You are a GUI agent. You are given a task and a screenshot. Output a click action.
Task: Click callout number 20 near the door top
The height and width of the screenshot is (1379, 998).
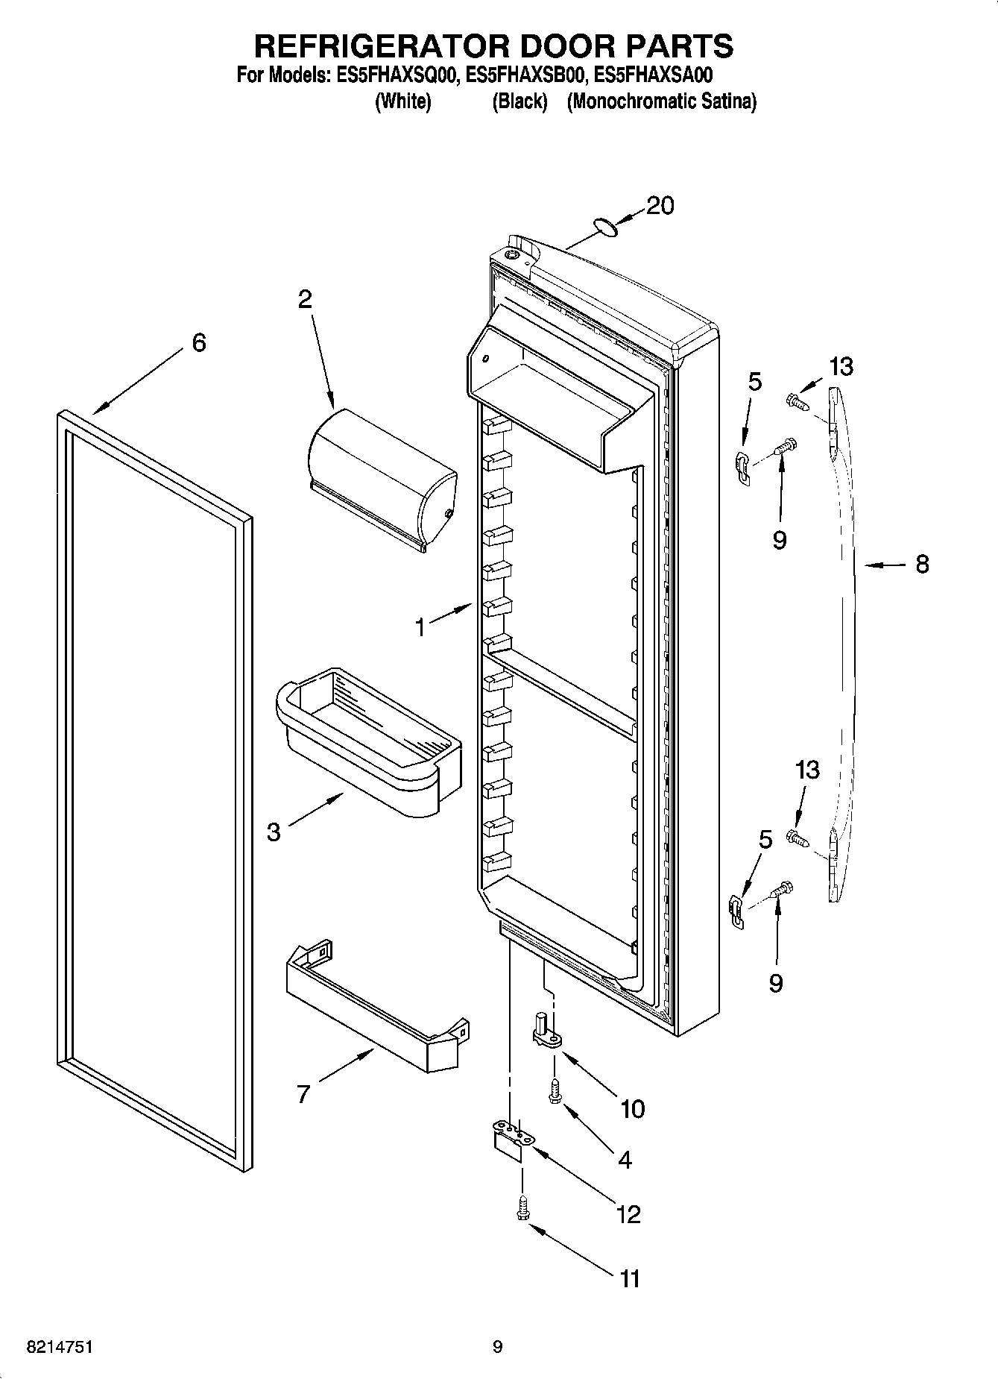pyautogui.click(x=660, y=205)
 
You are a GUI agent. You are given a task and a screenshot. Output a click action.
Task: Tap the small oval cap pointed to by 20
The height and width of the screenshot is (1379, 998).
pyautogui.click(x=606, y=227)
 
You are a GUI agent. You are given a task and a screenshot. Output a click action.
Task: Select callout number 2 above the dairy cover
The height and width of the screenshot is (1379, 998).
pyautogui.click(x=305, y=300)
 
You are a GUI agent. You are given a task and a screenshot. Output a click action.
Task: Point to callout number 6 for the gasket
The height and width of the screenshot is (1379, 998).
pyautogui.click(x=199, y=343)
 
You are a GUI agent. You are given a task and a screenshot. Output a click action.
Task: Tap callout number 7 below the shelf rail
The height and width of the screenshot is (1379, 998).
pyautogui.click(x=303, y=1094)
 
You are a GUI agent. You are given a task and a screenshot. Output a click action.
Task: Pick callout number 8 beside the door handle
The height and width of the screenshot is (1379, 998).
pyautogui.click(x=922, y=565)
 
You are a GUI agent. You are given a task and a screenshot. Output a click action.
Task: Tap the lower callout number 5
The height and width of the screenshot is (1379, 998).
pyautogui.click(x=765, y=840)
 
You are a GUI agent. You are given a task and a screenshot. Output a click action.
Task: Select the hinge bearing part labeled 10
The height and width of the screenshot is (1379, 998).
pyautogui.click(x=548, y=1032)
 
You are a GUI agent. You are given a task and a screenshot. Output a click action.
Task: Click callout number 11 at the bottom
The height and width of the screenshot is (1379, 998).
pyautogui.click(x=630, y=1279)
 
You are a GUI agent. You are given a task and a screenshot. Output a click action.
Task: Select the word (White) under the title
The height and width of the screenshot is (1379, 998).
pyautogui.click(x=402, y=101)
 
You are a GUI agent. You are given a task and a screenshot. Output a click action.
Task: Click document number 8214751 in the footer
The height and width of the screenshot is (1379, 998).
pyautogui.click(x=60, y=1347)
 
